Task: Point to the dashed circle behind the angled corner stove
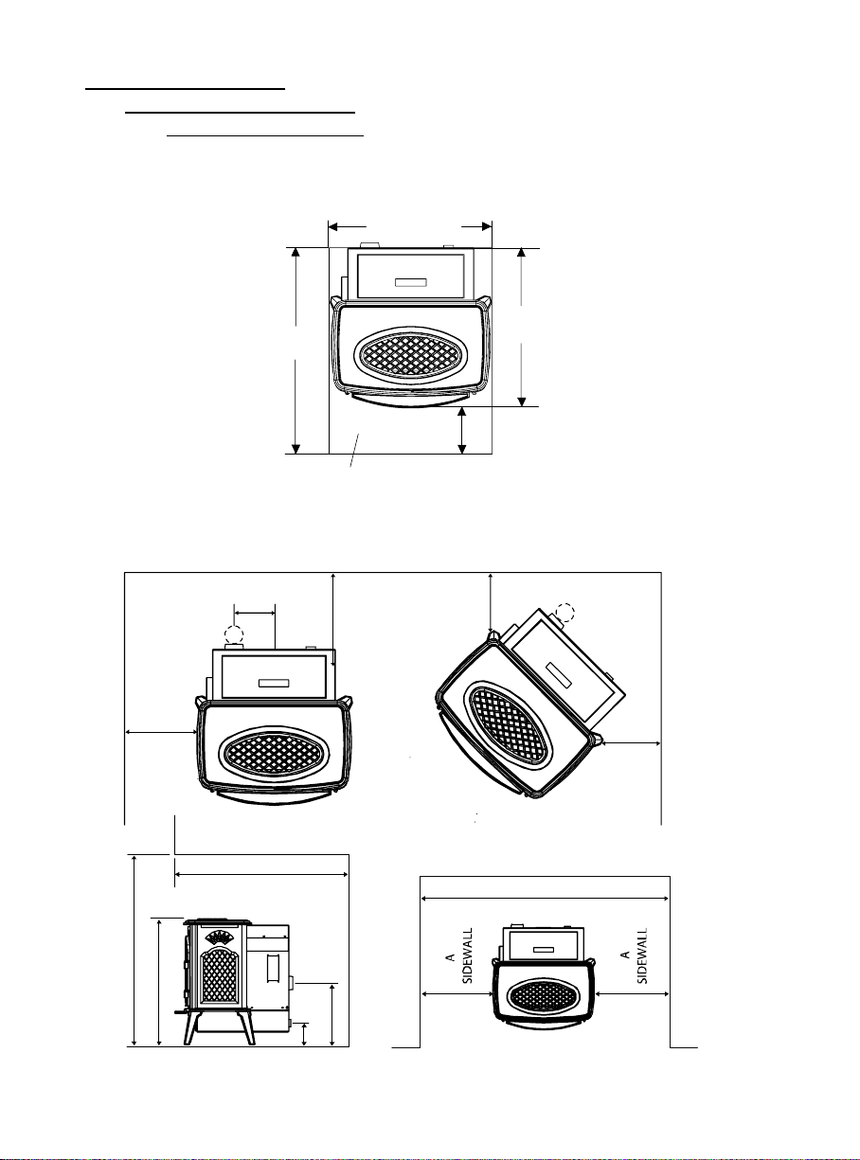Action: [x=564, y=613]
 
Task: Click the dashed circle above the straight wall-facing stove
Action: [x=234, y=635]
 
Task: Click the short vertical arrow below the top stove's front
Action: [x=462, y=430]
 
